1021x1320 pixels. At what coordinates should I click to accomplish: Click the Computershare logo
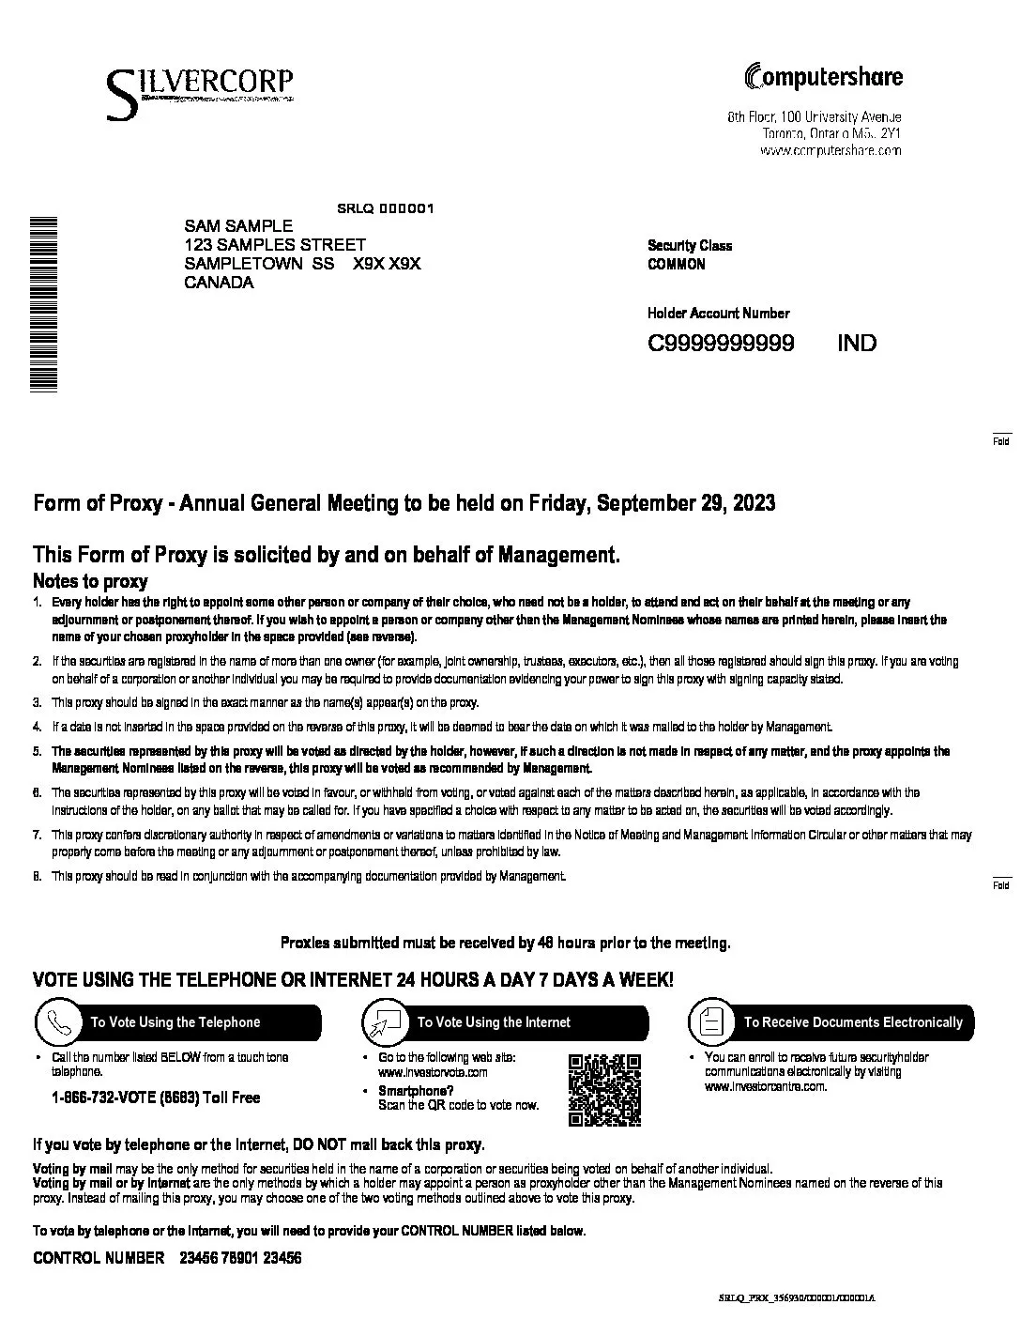(x=823, y=77)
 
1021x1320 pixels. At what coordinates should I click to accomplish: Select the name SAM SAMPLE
(x=238, y=226)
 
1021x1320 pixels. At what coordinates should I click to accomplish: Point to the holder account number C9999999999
(x=721, y=343)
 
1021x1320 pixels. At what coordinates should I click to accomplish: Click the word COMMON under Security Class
(x=676, y=265)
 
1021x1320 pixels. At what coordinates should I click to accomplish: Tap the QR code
(x=605, y=1090)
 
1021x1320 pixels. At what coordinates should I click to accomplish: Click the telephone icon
(x=58, y=1021)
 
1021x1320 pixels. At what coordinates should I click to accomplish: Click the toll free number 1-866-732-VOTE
(x=156, y=1097)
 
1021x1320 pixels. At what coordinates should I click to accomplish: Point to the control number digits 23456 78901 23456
(x=239, y=1258)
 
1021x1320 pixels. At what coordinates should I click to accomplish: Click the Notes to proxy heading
(x=90, y=581)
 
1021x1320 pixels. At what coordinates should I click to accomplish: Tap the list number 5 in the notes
(x=38, y=751)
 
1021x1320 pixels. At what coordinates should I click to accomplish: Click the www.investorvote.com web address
(x=433, y=1072)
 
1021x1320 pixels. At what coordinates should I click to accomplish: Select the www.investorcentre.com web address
(x=765, y=1086)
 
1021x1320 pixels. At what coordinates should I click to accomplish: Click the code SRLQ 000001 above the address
(x=385, y=208)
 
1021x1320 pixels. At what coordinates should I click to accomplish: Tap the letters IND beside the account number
(x=857, y=343)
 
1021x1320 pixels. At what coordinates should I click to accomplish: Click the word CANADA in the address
(x=219, y=283)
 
